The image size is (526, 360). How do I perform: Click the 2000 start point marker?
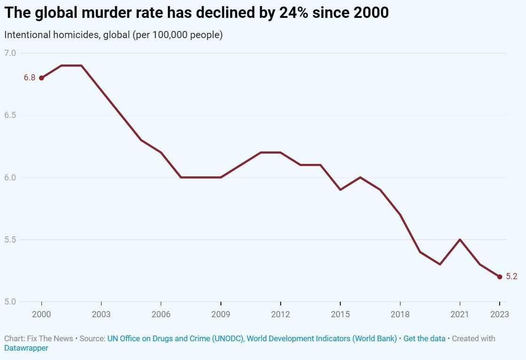click(x=41, y=78)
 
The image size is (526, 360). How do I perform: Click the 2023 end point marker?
click(x=500, y=277)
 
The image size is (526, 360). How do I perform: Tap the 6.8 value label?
click(x=30, y=78)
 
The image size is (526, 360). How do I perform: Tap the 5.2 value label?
click(x=511, y=277)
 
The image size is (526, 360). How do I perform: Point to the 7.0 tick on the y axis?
click(x=10, y=53)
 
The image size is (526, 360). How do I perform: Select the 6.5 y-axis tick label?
click(x=10, y=115)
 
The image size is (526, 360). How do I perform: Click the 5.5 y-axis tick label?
click(x=10, y=240)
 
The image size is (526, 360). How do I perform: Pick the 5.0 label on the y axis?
click(x=10, y=302)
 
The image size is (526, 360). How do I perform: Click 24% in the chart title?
click(x=296, y=13)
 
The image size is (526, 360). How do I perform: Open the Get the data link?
click(x=424, y=338)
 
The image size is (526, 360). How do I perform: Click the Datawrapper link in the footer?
click(x=26, y=348)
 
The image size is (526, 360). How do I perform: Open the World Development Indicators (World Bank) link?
click(x=322, y=338)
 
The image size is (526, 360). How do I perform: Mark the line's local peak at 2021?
click(x=459, y=240)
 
